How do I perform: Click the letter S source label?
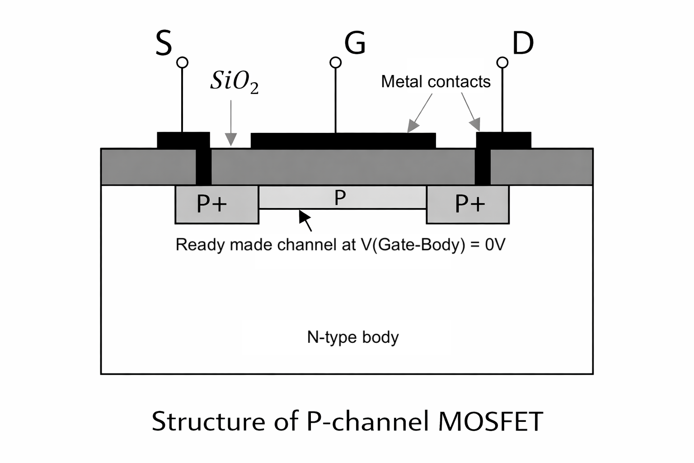164,43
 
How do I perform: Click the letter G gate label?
355,43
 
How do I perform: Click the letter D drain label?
523,43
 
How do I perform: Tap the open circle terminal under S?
182,62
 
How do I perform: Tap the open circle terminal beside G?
335,62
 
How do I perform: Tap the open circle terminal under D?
502,62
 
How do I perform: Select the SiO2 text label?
234,82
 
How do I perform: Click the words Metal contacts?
436,81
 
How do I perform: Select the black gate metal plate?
343,141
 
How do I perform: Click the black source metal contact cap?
183,140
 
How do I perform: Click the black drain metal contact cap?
504,140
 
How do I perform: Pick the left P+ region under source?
212,204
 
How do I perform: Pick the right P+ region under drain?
470,204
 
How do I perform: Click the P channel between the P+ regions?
340,198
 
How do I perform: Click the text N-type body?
352,337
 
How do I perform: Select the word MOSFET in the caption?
490,421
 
